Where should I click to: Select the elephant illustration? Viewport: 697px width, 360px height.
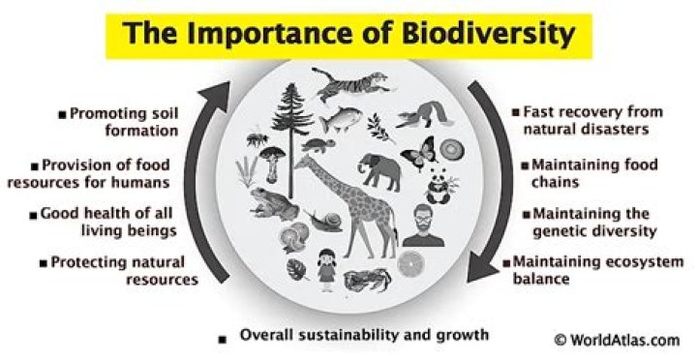[380, 171]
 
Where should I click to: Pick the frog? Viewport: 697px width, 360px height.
[273, 203]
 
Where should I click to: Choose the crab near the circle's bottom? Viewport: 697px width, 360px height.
[365, 282]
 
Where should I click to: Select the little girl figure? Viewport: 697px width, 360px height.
[327, 266]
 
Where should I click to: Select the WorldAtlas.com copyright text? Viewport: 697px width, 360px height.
[617, 340]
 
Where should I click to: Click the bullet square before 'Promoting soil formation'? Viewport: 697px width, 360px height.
[63, 114]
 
